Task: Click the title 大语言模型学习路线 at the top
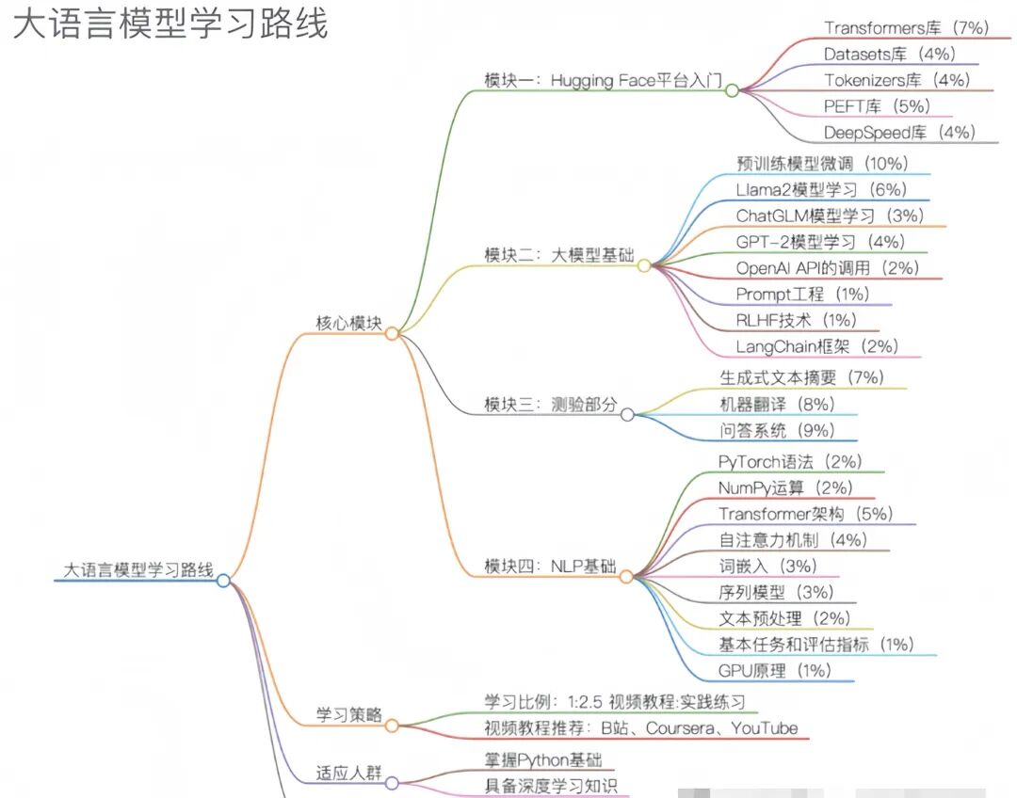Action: [x=170, y=24]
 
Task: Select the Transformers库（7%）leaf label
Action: [x=905, y=28]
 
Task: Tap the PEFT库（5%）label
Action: [x=877, y=106]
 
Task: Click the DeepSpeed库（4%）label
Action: [x=899, y=133]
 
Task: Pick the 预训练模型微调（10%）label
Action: [x=822, y=163]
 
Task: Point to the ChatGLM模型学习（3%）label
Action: [x=830, y=215]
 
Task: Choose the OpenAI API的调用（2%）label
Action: [x=827, y=268]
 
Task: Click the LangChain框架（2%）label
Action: [x=817, y=347]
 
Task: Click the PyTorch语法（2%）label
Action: [x=789, y=462]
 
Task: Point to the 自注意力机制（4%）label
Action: [x=792, y=540]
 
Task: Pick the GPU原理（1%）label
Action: [x=774, y=671]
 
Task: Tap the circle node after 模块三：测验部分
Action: [x=627, y=413]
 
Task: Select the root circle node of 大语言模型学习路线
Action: [x=223, y=580]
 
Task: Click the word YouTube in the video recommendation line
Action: [x=764, y=728]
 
